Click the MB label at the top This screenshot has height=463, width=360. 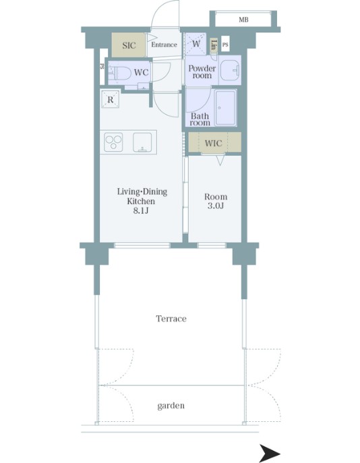(x=243, y=20)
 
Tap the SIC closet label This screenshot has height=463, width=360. (x=129, y=45)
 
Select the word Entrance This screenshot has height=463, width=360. (x=164, y=44)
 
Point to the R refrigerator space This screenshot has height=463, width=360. (x=110, y=100)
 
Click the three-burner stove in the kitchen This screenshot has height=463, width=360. (x=113, y=142)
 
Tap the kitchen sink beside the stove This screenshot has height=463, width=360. (x=142, y=142)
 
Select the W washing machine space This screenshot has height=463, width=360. (x=196, y=43)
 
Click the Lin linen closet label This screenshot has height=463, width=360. (x=214, y=45)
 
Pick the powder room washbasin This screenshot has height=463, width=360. (x=231, y=70)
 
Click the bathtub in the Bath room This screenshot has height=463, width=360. (x=226, y=108)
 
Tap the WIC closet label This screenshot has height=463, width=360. (x=213, y=143)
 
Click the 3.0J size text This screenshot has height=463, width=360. (x=216, y=206)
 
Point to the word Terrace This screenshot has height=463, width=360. (x=171, y=319)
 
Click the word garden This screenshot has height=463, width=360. (x=171, y=406)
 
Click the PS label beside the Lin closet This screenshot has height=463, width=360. (x=225, y=45)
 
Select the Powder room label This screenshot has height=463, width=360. (x=202, y=71)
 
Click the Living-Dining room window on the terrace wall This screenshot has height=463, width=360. (x=142, y=245)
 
